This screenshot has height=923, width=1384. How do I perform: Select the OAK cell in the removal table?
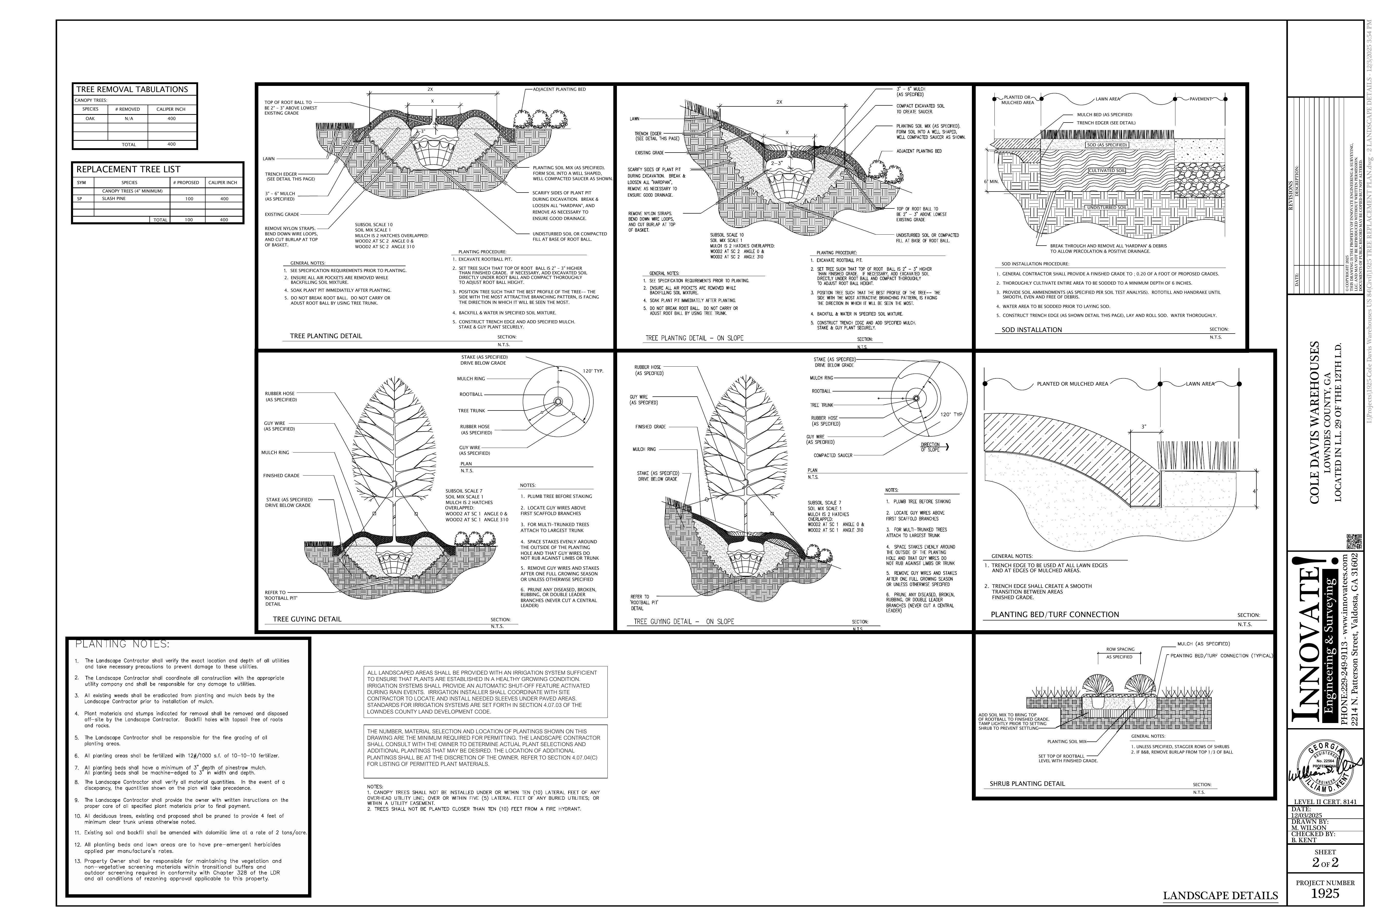click(x=90, y=118)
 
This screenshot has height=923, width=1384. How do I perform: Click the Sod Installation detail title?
click(x=1032, y=330)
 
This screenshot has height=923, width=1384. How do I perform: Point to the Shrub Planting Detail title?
click(x=1027, y=784)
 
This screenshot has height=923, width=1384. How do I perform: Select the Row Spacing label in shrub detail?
click(x=1120, y=650)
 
